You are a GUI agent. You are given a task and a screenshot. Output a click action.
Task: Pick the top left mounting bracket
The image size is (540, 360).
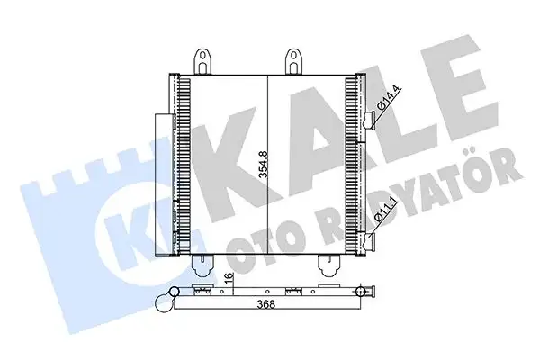point(205,59)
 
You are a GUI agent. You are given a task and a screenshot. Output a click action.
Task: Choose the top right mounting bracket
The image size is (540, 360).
point(293,59)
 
